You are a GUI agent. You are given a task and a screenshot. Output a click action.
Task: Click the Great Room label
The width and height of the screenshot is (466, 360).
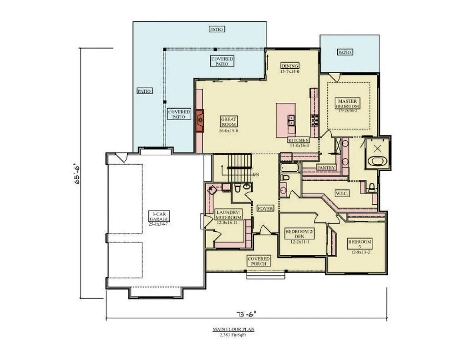pyautogui.click(x=229, y=122)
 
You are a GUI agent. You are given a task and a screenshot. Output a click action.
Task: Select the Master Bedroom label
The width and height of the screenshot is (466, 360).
pyautogui.click(x=348, y=103)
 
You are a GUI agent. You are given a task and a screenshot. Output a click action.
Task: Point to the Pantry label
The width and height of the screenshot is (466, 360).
pyautogui.click(x=326, y=167)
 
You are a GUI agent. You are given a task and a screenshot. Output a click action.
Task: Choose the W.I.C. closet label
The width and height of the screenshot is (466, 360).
pyautogui.click(x=342, y=193)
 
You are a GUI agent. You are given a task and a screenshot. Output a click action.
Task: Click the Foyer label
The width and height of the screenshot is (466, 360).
pyautogui.click(x=265, y=208)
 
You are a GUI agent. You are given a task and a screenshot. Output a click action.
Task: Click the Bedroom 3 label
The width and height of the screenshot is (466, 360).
pyautogui.click(x=360, y=244)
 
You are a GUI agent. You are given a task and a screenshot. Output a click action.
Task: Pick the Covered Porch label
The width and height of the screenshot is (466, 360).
pyautogui.click(x=258, y=261)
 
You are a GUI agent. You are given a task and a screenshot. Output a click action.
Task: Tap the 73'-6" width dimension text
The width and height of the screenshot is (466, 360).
pyautogui.click(x=246, y=313)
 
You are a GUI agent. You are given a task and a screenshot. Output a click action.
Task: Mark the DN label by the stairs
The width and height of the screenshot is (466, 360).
pyautogui.click(x=256, y=174)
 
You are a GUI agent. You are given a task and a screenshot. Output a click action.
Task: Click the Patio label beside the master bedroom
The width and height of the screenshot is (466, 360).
pyautogui.click(x=344, y=52)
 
